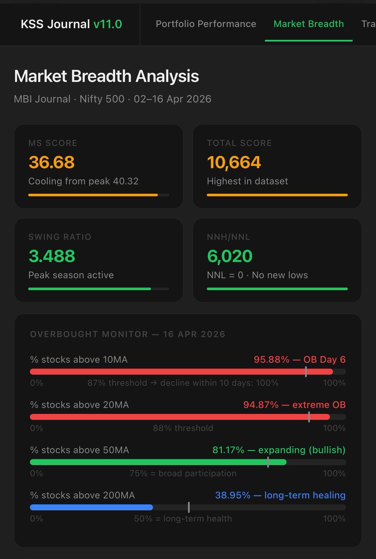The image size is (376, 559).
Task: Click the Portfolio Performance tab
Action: pos(206,24)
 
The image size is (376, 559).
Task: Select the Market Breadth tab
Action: pos(308,24)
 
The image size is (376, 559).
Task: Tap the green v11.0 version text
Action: pos(107,24)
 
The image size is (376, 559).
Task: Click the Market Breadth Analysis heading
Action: pos(106,76)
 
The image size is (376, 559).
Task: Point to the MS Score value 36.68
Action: pos(51,162)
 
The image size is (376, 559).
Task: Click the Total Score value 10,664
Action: pos(234,162)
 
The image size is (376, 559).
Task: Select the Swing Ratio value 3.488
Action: pos(51,256)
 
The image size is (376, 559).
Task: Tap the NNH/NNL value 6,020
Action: pos(230,256)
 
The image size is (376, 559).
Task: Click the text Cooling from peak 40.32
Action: pos(83,181)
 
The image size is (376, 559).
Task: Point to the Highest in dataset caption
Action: pos(247,181)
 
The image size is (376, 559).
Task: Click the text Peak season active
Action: pos(71,275)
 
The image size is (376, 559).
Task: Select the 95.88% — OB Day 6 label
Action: pos(299,360)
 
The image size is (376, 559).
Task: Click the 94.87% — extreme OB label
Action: pos(294,405)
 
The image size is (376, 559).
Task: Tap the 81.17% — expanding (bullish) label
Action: pos(279,450)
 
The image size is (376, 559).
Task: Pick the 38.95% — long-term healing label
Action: pos(280,495)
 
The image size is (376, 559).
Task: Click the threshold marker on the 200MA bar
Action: pos(188,507)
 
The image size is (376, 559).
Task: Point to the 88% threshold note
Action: pos(183,428)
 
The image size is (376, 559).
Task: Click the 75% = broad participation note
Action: pos(183,473)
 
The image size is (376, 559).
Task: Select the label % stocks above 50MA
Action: pos(79,450)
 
